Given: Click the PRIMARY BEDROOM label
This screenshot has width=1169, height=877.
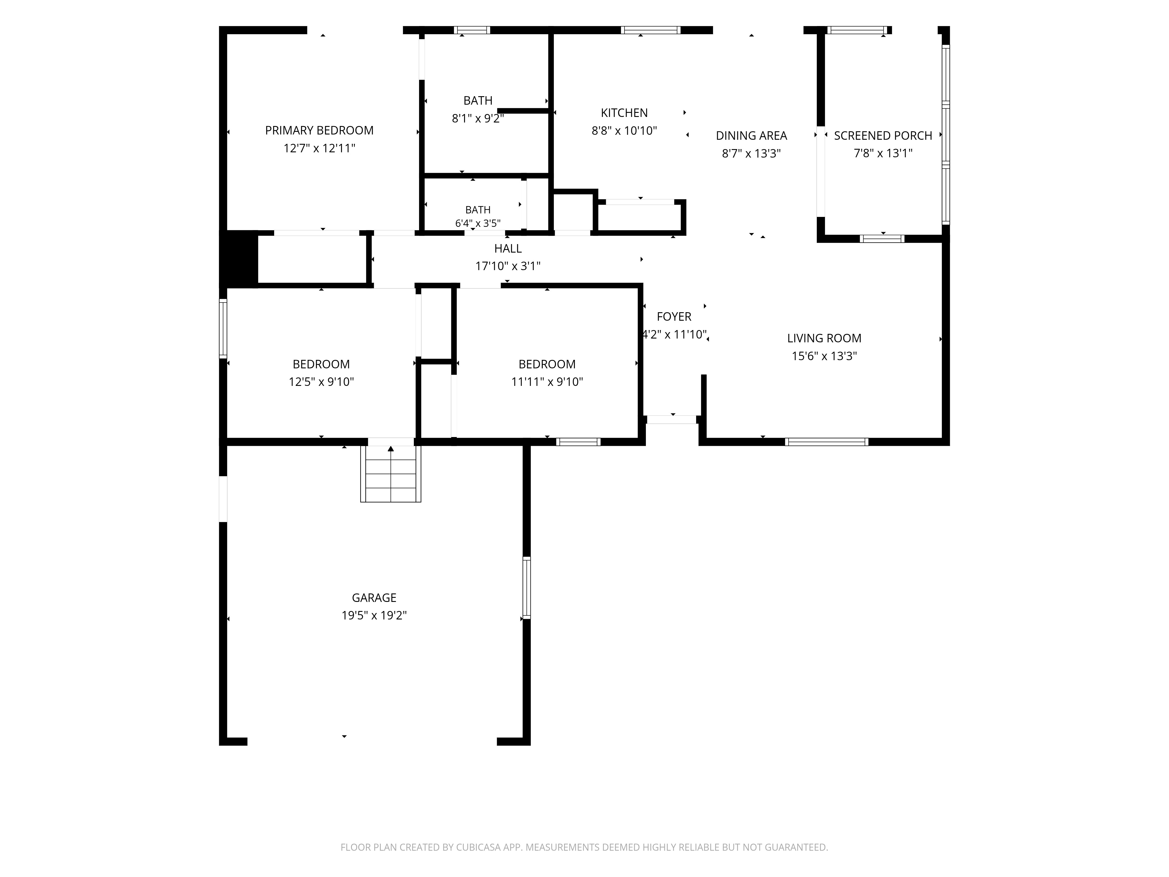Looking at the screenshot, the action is coord(319,131).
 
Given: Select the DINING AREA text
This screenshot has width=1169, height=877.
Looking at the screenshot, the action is coord(751,136).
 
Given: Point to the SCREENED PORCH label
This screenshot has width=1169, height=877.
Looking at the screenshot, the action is coord(883,136).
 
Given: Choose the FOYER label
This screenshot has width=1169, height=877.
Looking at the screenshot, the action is coord(674,317).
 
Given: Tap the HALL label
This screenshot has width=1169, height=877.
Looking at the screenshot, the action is coord(508,248).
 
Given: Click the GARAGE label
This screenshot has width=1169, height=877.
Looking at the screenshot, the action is coord(374,598).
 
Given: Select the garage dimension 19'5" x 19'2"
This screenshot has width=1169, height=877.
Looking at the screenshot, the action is coord(374,615).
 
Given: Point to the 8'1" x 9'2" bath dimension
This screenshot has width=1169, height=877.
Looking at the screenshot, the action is coord(478,118).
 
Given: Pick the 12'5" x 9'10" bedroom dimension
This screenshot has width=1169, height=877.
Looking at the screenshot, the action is coord(321,382).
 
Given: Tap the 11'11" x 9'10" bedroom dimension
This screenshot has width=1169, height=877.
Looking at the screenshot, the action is coord(547,382).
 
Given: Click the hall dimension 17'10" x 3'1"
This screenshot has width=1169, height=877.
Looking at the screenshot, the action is coord(508,266).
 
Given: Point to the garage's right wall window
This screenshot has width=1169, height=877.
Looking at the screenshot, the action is coord(526,588).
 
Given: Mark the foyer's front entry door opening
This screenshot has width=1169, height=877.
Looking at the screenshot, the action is coord(672,420).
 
